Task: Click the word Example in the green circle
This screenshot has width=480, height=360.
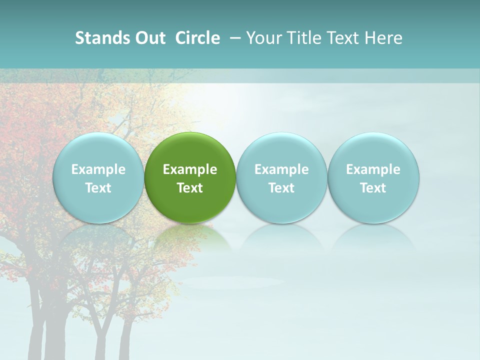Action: coord(190,169)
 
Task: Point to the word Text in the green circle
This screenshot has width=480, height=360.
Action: coord(190,188)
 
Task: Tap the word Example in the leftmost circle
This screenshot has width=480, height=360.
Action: coord(98,169)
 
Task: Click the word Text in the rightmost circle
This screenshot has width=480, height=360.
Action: coord(373,188)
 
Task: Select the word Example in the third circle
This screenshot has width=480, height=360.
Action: coord(281,169)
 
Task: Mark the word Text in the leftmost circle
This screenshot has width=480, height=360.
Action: coord(98,188)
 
